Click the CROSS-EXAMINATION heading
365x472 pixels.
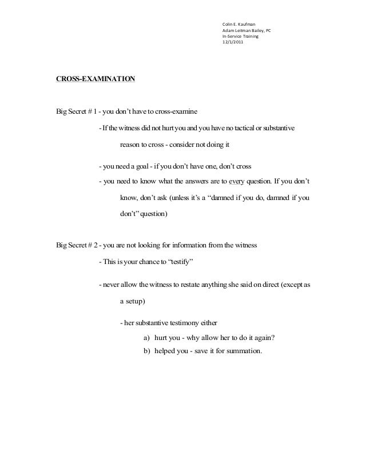[96, 78]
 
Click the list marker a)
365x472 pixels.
[146, 337]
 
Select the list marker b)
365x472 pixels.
[146, 351]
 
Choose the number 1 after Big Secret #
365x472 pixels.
[90, 111]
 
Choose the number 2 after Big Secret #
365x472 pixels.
[91, 246]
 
